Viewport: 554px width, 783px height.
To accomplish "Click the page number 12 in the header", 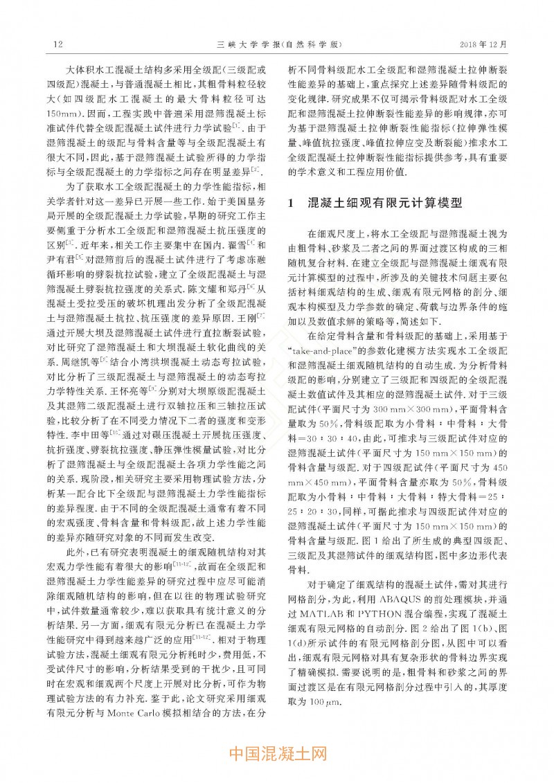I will [58, 44].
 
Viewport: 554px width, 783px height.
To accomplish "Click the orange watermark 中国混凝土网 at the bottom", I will [277, 753].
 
